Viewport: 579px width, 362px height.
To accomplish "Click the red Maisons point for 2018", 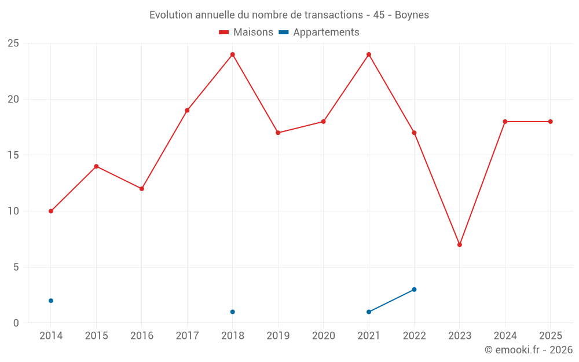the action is point(233,54).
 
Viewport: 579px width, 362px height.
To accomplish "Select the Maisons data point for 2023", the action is point(460,244).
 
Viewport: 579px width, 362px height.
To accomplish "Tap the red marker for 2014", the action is point(51,211).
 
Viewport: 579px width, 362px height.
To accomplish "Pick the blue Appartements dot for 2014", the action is point(51,301).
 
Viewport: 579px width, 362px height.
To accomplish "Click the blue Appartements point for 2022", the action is point(415,290).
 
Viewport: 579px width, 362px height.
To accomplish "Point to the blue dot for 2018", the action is point(233,312).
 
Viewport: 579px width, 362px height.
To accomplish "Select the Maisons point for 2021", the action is point(369,54).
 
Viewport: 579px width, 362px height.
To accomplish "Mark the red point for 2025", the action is point(551,122).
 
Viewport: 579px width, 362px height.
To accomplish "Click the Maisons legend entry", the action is point(246,32).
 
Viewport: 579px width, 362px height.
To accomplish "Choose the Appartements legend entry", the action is point(319,32).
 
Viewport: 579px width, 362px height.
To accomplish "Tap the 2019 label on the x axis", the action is point(278,335).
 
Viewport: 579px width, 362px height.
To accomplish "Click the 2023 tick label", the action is point(460,335).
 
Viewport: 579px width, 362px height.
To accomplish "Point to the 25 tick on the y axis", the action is point(13,43).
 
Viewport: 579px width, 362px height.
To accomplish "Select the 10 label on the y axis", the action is point(13,211).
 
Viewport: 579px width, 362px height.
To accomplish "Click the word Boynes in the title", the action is point(412,15).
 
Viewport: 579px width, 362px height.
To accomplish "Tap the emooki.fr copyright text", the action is point(529,349).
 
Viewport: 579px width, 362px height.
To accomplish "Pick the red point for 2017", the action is point(187,111).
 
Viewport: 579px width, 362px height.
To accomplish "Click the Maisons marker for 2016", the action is point(142,189).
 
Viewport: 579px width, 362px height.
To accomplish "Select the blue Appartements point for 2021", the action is point(369,312).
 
